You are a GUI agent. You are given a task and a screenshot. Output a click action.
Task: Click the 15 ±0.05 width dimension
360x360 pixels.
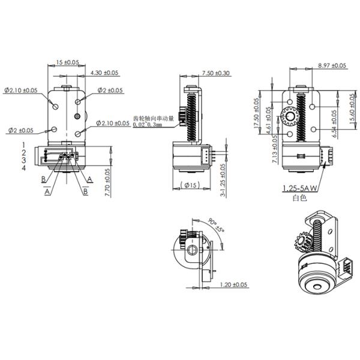click(x=67, y=62)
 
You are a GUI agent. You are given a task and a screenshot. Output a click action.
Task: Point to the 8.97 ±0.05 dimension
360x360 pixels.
click(x=332, y=65)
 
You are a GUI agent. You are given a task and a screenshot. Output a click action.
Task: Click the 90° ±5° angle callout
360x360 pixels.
click(x=217, y=226)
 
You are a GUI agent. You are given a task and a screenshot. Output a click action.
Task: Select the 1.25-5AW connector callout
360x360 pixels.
click(x=299, y=188)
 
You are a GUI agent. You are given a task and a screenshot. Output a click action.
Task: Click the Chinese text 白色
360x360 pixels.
click(x=299, y=197)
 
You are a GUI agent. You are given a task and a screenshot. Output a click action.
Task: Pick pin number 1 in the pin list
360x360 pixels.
click(x=24, y=145)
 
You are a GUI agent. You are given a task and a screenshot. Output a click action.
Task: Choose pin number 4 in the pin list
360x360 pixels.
click(x=24, y=169)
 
